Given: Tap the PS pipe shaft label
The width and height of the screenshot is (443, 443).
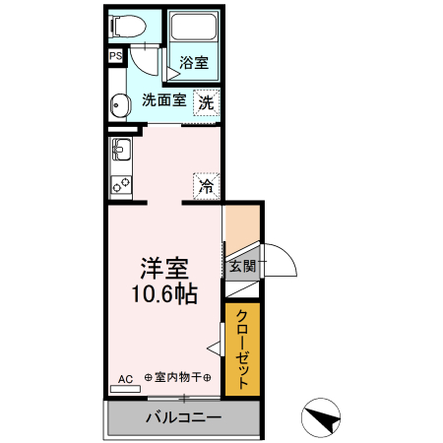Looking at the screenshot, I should point(115,56).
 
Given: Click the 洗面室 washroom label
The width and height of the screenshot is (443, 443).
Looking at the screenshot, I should point(163,99).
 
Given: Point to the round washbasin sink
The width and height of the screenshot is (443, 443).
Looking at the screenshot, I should point(119,104).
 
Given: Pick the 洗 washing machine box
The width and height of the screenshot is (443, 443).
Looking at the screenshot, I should point(205,101).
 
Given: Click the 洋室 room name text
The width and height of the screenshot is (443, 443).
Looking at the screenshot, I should point(163,268).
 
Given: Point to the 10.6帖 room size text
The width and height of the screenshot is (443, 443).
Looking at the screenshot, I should point(163,293).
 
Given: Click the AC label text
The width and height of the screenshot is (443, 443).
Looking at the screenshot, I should point(125,378).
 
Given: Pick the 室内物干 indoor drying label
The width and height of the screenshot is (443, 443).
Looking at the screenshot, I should point(180,377).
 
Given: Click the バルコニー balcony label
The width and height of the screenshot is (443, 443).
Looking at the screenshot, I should point(183,417).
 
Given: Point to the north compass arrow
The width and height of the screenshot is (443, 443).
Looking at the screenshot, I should point(320,418).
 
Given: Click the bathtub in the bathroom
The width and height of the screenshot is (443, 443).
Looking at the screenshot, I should point(193,30).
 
